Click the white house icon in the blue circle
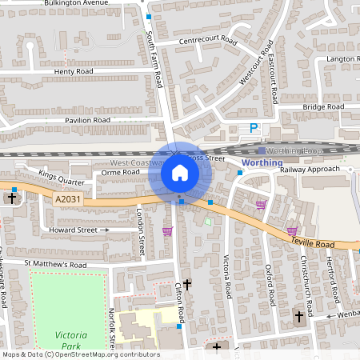click(179, 173)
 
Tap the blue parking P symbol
click(254, 128)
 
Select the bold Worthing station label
click(262, 162)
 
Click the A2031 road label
click(68, 198)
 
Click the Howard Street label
click(74, 230)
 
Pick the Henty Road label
click(74, 71)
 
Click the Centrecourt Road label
click(208, 40)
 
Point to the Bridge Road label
click(323, 106)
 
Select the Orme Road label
click(121, 171)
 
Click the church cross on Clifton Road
click(187, 284)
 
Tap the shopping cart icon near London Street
click(167, 231)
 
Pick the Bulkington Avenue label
click(76, 3)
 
